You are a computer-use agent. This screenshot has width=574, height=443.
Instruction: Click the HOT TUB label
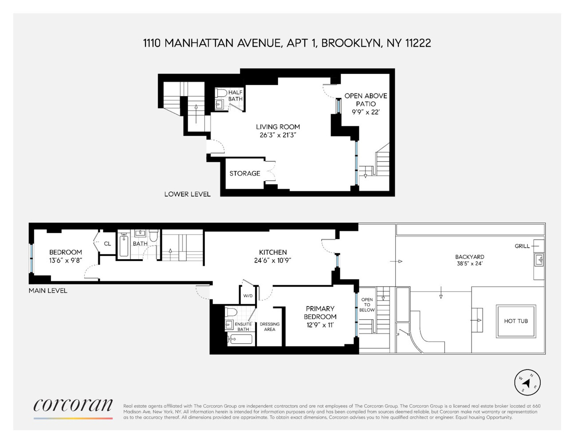coord(515,321)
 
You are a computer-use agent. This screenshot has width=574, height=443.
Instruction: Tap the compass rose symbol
coord(527,382)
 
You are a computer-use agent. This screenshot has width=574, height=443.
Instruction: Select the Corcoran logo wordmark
coord(73,405)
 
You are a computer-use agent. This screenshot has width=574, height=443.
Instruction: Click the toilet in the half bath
coord(221,93)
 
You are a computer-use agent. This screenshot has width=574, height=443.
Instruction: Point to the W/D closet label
coord(248,295)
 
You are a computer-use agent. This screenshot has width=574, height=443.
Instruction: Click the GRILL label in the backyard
coord(522,246)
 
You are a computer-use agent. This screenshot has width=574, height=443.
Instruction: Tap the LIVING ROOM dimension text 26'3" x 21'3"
coord(278,135)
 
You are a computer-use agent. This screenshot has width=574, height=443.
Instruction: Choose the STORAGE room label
coord(244,173)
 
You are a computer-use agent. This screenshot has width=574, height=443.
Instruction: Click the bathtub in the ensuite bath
coord(240,339)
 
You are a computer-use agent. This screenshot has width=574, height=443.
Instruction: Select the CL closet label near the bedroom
coord(107,243)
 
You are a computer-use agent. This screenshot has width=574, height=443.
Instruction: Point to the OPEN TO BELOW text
coord(367,305)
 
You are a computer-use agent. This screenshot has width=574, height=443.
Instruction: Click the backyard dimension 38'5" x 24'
coord(470,264)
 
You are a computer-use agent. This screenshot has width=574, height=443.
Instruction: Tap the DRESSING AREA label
coord(269,326)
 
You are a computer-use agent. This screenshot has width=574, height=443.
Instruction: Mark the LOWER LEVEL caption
coord(187,194)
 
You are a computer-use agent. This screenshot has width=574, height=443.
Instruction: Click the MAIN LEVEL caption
coord(48,291)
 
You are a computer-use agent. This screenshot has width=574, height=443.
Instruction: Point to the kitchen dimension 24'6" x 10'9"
coord(273,260)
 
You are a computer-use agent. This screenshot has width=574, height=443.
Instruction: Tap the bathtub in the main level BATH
coord(124,246)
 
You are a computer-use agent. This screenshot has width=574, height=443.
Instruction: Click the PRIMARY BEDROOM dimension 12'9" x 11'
coord(320,325)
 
